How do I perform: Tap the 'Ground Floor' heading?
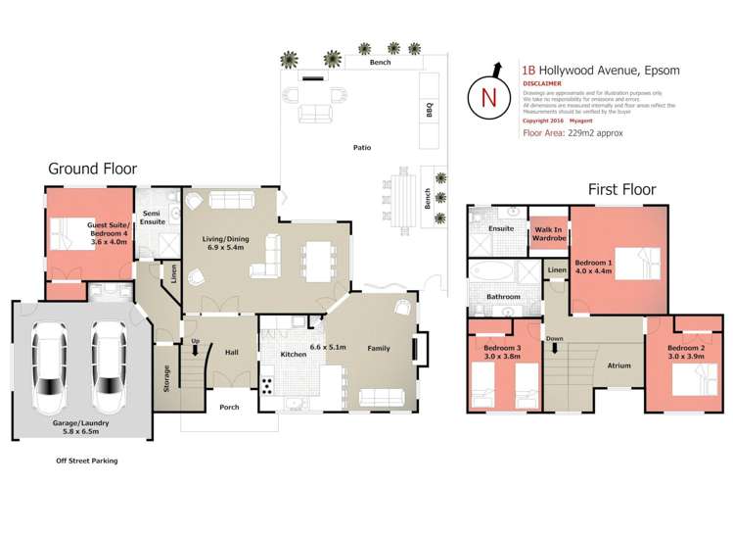[92, 169]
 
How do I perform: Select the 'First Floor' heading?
[621, 189]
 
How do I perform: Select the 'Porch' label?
[229, 407]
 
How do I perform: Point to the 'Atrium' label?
[618, 365]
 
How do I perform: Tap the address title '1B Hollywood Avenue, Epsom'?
[601, 71]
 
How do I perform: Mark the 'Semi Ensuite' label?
[152, 218]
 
